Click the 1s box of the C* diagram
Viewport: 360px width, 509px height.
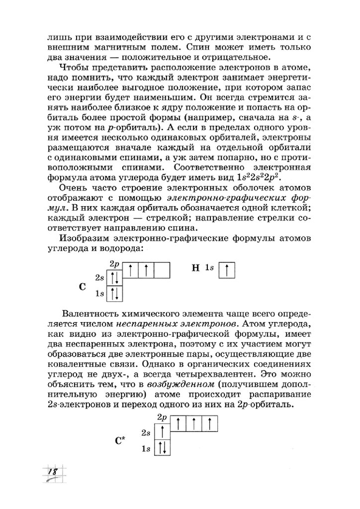tap(163, 448)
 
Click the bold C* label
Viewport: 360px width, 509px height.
tap(120, 439)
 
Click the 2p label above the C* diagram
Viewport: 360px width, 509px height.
tap(161, 417)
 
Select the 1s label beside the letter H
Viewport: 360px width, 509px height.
tap(210, 269)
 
